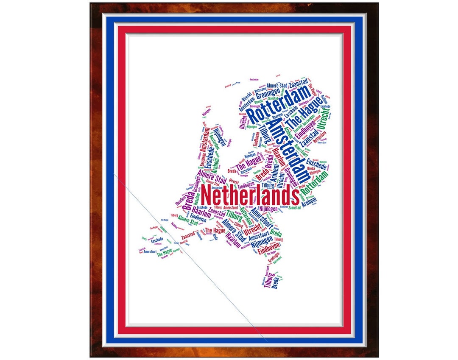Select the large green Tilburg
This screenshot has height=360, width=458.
click(234, 216)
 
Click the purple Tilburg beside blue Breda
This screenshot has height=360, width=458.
click(268, 280)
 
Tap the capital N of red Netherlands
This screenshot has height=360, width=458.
click(207, 195)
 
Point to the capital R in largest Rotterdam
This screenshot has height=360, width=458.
click(251, 115)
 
